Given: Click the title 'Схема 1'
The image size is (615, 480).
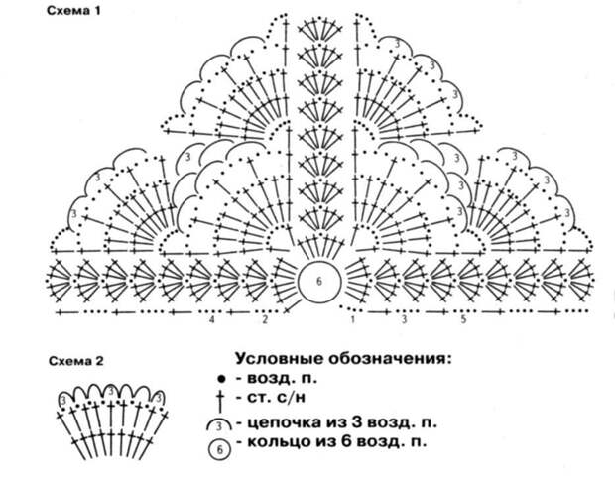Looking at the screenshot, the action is point(73,11).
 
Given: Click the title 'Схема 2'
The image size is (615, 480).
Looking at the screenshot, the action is point(76,361).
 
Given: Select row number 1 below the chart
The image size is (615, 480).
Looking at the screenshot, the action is point(352,319).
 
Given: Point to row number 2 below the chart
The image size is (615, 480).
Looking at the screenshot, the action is point(265,319).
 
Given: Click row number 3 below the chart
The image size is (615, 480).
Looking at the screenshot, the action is point(405,319).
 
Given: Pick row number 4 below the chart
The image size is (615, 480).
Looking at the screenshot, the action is point(212,319).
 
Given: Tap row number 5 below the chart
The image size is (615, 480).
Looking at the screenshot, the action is point(463,319).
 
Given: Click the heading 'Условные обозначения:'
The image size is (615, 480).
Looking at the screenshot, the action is point(343,358).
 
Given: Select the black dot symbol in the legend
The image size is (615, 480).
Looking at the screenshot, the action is point(221,379).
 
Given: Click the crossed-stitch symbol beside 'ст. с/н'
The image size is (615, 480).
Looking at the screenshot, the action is point(220,401).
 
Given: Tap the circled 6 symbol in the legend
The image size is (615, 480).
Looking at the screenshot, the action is point(219,449).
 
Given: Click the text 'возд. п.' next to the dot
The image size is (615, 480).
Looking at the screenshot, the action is point(282,379).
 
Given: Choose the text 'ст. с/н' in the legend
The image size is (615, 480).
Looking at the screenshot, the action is point(276,398).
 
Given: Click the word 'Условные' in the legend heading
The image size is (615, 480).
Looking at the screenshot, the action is point(280,358).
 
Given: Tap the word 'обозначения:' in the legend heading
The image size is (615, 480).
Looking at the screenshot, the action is point(390,358).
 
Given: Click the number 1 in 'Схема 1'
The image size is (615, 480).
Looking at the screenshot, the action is point(97,11).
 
